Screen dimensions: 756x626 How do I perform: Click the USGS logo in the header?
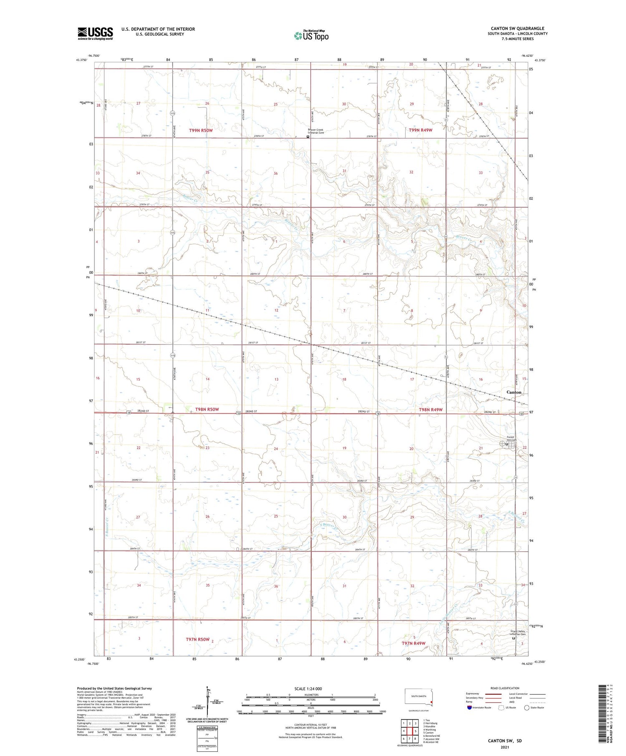[95, 33]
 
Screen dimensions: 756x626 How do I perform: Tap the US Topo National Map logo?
[311, 36]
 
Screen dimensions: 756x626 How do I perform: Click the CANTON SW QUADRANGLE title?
[517, 28]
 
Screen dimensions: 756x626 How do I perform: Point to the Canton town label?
[514, 392]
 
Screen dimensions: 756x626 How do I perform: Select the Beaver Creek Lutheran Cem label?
[316, 131]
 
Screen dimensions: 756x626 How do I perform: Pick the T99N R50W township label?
[201, 131]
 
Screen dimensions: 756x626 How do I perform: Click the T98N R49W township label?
[430, 410]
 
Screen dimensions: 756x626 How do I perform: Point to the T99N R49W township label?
[420, 130]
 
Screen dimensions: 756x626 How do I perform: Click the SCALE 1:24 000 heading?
[311, 688]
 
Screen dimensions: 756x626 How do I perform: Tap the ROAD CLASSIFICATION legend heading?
[505, 688]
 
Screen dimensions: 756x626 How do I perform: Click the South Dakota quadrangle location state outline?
[419, 697]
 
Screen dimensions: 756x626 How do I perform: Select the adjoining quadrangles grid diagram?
[410, 731]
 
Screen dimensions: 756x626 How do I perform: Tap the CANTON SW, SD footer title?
[505, 741]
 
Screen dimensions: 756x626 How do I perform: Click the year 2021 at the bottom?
[505, 747]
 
